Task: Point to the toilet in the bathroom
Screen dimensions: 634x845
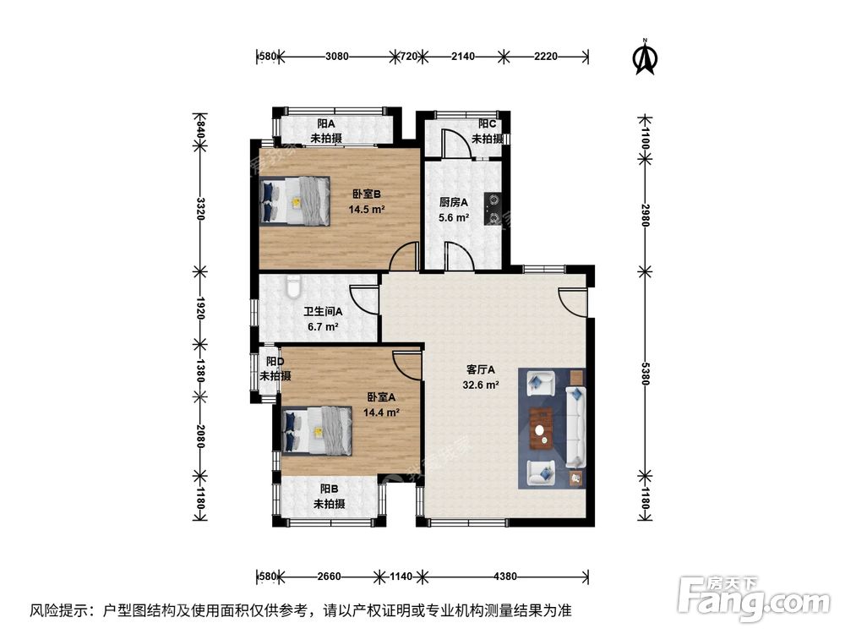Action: [293, 287]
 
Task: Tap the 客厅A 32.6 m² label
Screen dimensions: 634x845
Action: [482, 377]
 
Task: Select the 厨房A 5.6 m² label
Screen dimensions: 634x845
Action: [454, 210]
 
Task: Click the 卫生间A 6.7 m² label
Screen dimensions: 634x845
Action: [323, 318]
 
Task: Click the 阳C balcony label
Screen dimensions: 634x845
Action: [487, 131]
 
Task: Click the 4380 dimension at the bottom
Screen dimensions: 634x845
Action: [504, 577]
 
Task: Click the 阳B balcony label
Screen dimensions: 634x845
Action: [329, 495]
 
